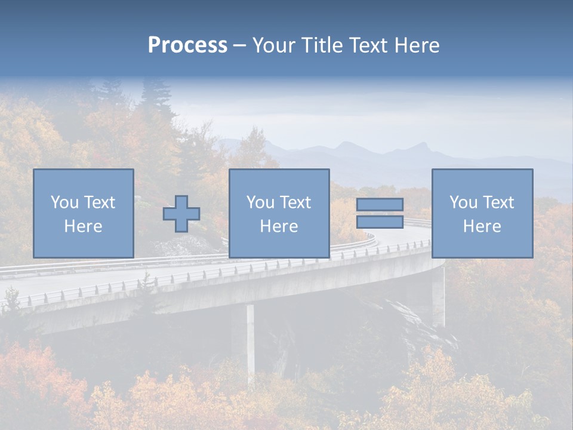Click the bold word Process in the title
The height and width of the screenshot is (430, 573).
coord(187,45)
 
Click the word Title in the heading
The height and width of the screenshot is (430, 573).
coord(323,45)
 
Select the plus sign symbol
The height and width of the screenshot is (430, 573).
coord(181,214)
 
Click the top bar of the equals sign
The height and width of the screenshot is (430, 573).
coord(380,205)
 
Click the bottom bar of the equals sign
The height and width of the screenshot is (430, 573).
coord(380,222)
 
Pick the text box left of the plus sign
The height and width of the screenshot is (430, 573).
coord(83,213)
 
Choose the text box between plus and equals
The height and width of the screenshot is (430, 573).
coord(279,213)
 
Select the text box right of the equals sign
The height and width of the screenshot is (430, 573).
coord(482,213)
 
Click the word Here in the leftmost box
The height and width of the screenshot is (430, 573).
coord(83,226)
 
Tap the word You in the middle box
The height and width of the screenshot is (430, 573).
coord(260,202)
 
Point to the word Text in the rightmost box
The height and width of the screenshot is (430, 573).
coord(498,202)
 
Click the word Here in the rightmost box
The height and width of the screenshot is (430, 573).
coord(482,226)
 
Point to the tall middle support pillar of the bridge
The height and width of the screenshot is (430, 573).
coord(250,340)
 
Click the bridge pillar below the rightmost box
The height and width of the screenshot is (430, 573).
coord(439,296)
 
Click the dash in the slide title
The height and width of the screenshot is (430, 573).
coord(239,46)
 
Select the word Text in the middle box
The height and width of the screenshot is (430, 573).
coord(295,202)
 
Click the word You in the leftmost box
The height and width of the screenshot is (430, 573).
coord(64,202)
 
